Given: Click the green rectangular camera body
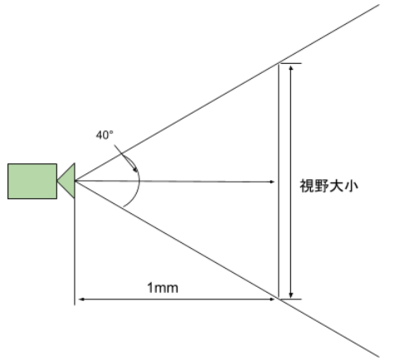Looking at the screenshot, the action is [x=32, y=181].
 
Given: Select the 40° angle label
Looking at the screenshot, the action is [x=104, y=135].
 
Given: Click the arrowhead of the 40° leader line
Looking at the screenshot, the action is [x=135, y=170].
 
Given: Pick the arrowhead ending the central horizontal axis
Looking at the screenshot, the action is [x=272, y=182].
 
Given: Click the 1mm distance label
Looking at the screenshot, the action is [x=163, y=288].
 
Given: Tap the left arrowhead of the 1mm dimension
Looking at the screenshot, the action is [x=81, y=299].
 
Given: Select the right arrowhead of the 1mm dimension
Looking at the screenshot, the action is [x=272, y=299].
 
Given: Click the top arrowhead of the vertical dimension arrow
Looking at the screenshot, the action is [x=290, y=68].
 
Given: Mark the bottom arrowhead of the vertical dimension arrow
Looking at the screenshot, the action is [x=290, y=294].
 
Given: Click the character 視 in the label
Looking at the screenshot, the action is [x=307, y=186].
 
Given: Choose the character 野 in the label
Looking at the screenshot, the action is [x=322, y=186].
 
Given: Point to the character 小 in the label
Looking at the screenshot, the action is [x=351, y=186].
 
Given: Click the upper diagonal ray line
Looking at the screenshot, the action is [x=227, y=93].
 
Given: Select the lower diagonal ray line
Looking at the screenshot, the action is [x=227, y=269].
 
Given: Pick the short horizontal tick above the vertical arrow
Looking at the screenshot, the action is [x=290, y=63].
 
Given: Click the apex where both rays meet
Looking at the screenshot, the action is [x=75, y=181].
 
